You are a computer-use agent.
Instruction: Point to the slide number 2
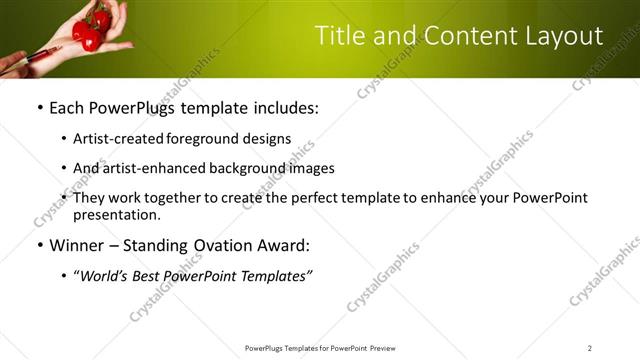(590, 348)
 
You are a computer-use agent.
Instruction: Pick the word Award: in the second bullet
(287, 245)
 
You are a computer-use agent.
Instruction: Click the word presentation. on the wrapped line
(116, 214)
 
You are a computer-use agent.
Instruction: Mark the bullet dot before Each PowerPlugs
(39, 107)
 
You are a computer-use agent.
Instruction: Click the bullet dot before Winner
(39, 245)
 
